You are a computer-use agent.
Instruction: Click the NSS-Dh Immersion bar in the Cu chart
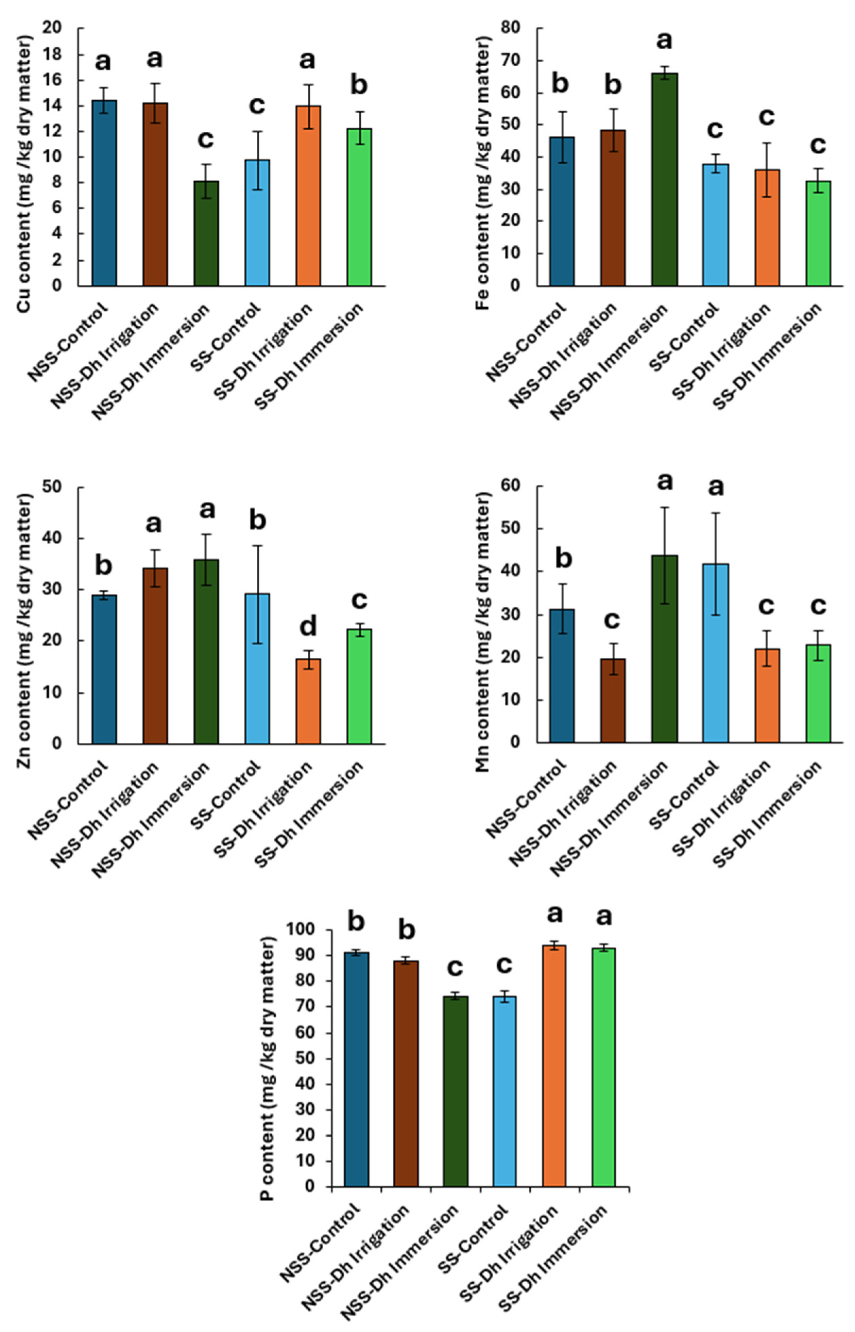tap(206, 233)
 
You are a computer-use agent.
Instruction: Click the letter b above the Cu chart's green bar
tap(359, 86)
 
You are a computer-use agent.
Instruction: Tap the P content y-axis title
tap(268, 1075)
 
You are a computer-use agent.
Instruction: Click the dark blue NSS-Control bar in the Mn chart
tap(562, 675)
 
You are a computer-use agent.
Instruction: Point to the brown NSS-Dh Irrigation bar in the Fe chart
tap(613, 208)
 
